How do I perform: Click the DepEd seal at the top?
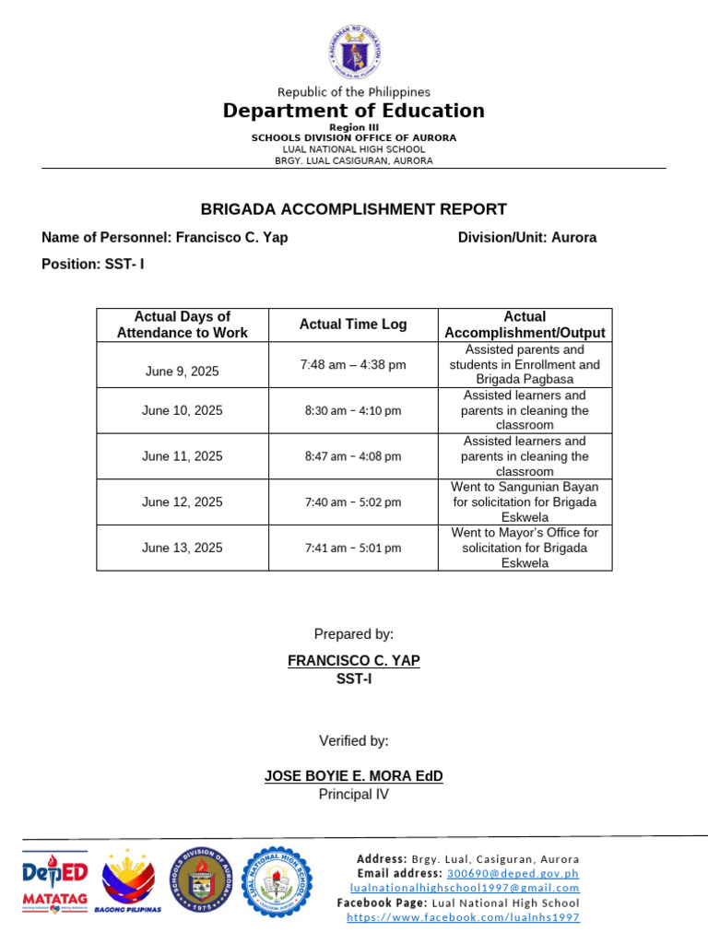(354, 52)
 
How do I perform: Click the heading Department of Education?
(354, 112)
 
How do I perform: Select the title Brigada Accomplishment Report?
(354, 209)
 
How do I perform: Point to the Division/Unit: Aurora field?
(527, 238)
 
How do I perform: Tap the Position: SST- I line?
(93, 264)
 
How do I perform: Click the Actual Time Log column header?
(353, 324)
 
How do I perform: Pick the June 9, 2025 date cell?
(183, 372)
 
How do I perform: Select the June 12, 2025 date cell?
(183, 502)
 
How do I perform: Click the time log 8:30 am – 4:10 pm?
(353, 410)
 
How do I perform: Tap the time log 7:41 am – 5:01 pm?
(353, 548)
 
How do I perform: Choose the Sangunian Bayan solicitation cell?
(525, 502)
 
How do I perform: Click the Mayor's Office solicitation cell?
(525, 548)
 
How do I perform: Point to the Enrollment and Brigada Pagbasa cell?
(525, 364)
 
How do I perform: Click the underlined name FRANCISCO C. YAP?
(354, 661)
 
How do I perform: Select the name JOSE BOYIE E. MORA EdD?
(354, 776)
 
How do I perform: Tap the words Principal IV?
(354, 795)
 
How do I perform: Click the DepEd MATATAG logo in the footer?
(54, 882)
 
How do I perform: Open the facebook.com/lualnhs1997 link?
(463, 917)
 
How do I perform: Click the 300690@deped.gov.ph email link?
(513, 873)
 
